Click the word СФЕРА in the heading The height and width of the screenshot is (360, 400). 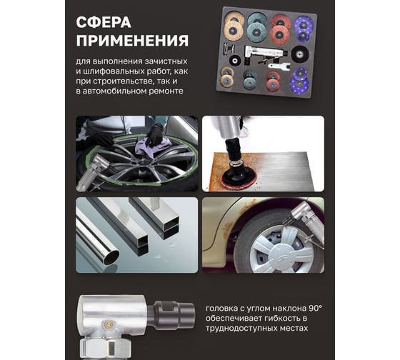coord(104,22)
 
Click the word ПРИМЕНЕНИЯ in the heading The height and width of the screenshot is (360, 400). coord(132,41)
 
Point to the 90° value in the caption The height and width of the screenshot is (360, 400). coord(315,309)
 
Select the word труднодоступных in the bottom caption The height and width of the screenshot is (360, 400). coord(241,328)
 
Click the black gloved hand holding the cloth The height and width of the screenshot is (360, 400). coord(154,134)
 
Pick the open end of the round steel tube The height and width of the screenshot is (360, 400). coord(111,257)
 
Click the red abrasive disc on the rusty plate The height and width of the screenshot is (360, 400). coord(237,181)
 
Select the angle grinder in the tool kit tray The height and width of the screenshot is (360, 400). coord(264,54)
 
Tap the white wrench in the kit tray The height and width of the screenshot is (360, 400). coord(279,66)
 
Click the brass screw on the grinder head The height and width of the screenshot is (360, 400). coord(108,324)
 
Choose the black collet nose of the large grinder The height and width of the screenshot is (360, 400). coord(174,314)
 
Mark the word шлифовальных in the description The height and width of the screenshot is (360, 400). coord(114,71)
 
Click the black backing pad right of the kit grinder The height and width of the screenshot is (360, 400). coord(300,54)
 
